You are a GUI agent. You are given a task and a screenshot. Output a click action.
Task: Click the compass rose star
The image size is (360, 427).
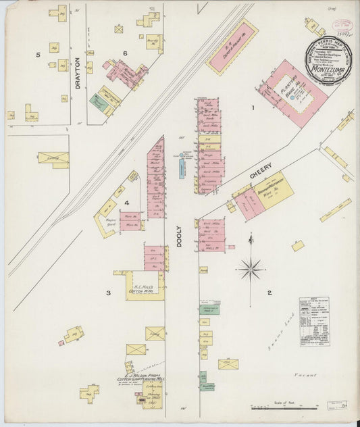[251, 269]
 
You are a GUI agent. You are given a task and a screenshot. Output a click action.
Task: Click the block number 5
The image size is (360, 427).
[38, 54]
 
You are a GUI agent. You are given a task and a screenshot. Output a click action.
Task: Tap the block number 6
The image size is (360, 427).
[125, 53]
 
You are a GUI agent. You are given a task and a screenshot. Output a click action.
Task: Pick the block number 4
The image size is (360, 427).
[126, 202]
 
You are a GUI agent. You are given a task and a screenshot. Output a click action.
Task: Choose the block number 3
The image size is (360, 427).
[107, 293]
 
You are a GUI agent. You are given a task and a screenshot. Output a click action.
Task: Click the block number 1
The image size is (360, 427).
[253, 108]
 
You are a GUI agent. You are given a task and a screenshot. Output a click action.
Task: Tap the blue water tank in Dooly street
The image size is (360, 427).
[182, 167]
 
